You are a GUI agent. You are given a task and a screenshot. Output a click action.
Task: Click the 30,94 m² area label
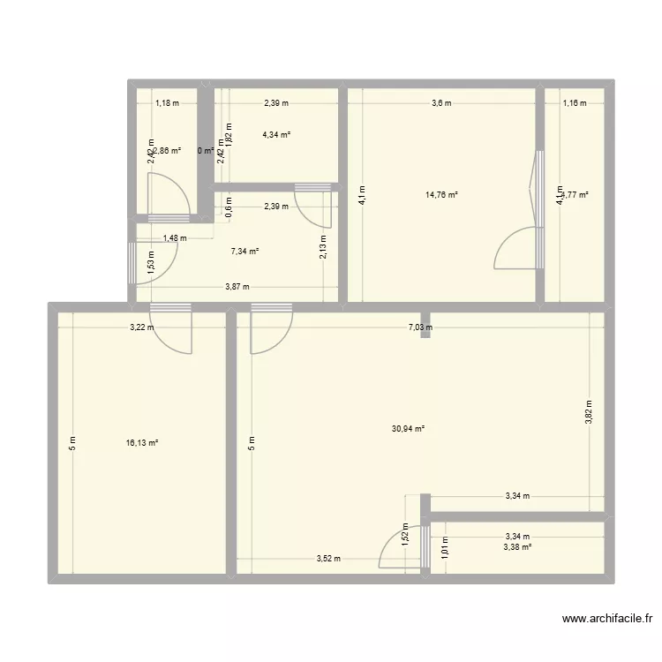[x=408, y=429]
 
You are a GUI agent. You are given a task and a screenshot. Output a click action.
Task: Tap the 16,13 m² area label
[x=142, y=443]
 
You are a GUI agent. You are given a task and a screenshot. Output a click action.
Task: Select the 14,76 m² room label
[x=442, y=195]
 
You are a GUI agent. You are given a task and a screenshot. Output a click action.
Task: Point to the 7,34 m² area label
[x=244, y=252]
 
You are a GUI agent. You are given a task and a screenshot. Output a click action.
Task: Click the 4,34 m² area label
[x=276, y=135]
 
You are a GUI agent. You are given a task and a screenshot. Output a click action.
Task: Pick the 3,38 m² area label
[x=517, y=547]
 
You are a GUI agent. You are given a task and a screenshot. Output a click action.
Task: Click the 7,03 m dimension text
[x=419, y=327]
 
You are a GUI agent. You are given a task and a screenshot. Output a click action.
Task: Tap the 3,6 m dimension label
[x=440, y=103]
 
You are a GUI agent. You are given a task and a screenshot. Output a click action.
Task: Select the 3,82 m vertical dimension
[x=589, y=411]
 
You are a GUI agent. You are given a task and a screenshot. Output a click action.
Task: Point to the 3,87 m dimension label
[x=237, y=287]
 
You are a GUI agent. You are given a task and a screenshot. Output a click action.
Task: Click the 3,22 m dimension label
[x=142, y=327]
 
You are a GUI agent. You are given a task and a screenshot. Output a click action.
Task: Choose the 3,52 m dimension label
[x=328, y=559]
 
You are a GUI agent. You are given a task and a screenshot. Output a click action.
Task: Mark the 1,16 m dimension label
[x=574, y=103]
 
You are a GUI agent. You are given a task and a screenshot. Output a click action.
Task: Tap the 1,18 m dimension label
[x=167, y=103]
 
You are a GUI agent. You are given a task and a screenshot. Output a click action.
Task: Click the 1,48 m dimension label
[x=175, y=238]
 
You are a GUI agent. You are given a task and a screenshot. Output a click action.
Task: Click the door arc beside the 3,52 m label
[x=393, y=552]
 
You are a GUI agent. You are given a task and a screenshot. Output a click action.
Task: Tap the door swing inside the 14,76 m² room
[x=516, y=247]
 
